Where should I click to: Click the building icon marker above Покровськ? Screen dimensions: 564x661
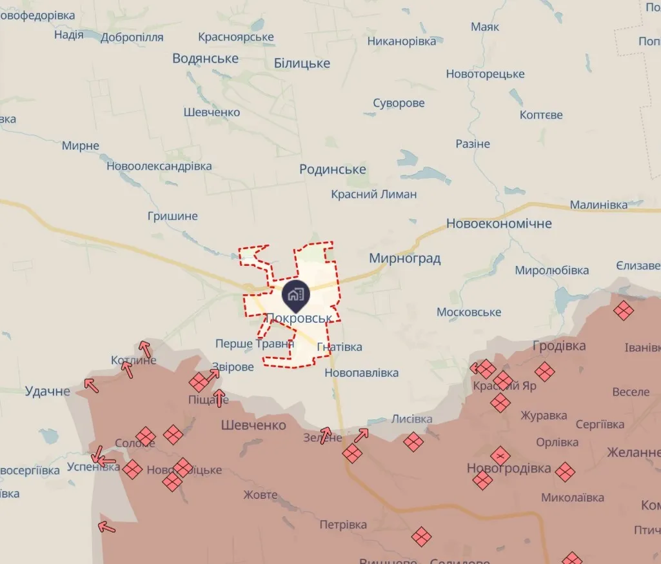(296, 295)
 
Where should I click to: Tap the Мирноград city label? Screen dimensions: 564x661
(405, 259)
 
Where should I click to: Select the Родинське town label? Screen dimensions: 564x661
(333, 170)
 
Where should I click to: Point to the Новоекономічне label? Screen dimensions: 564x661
(499, 224)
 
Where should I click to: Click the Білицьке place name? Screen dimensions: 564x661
(302, 63)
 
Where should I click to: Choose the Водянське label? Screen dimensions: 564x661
(205, 59)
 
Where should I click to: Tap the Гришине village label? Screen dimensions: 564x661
(172, 216)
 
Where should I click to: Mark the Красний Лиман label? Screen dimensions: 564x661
(374, 194)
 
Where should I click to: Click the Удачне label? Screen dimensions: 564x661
(47, 391)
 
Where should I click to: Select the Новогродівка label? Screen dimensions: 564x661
(509, 468)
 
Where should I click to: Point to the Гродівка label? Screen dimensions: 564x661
(559, 346)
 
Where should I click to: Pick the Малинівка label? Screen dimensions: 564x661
(598, 205)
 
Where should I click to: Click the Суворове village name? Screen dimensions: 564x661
(399, 103)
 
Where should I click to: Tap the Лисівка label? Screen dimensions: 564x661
(412, 419)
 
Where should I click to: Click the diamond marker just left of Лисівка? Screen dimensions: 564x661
(413, 442)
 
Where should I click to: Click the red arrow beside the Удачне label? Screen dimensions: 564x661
(91, 386)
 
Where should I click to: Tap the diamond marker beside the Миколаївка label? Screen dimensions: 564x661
(565, 472)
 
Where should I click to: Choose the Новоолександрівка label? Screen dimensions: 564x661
(159, 166)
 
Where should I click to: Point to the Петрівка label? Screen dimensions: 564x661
(343, 525)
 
